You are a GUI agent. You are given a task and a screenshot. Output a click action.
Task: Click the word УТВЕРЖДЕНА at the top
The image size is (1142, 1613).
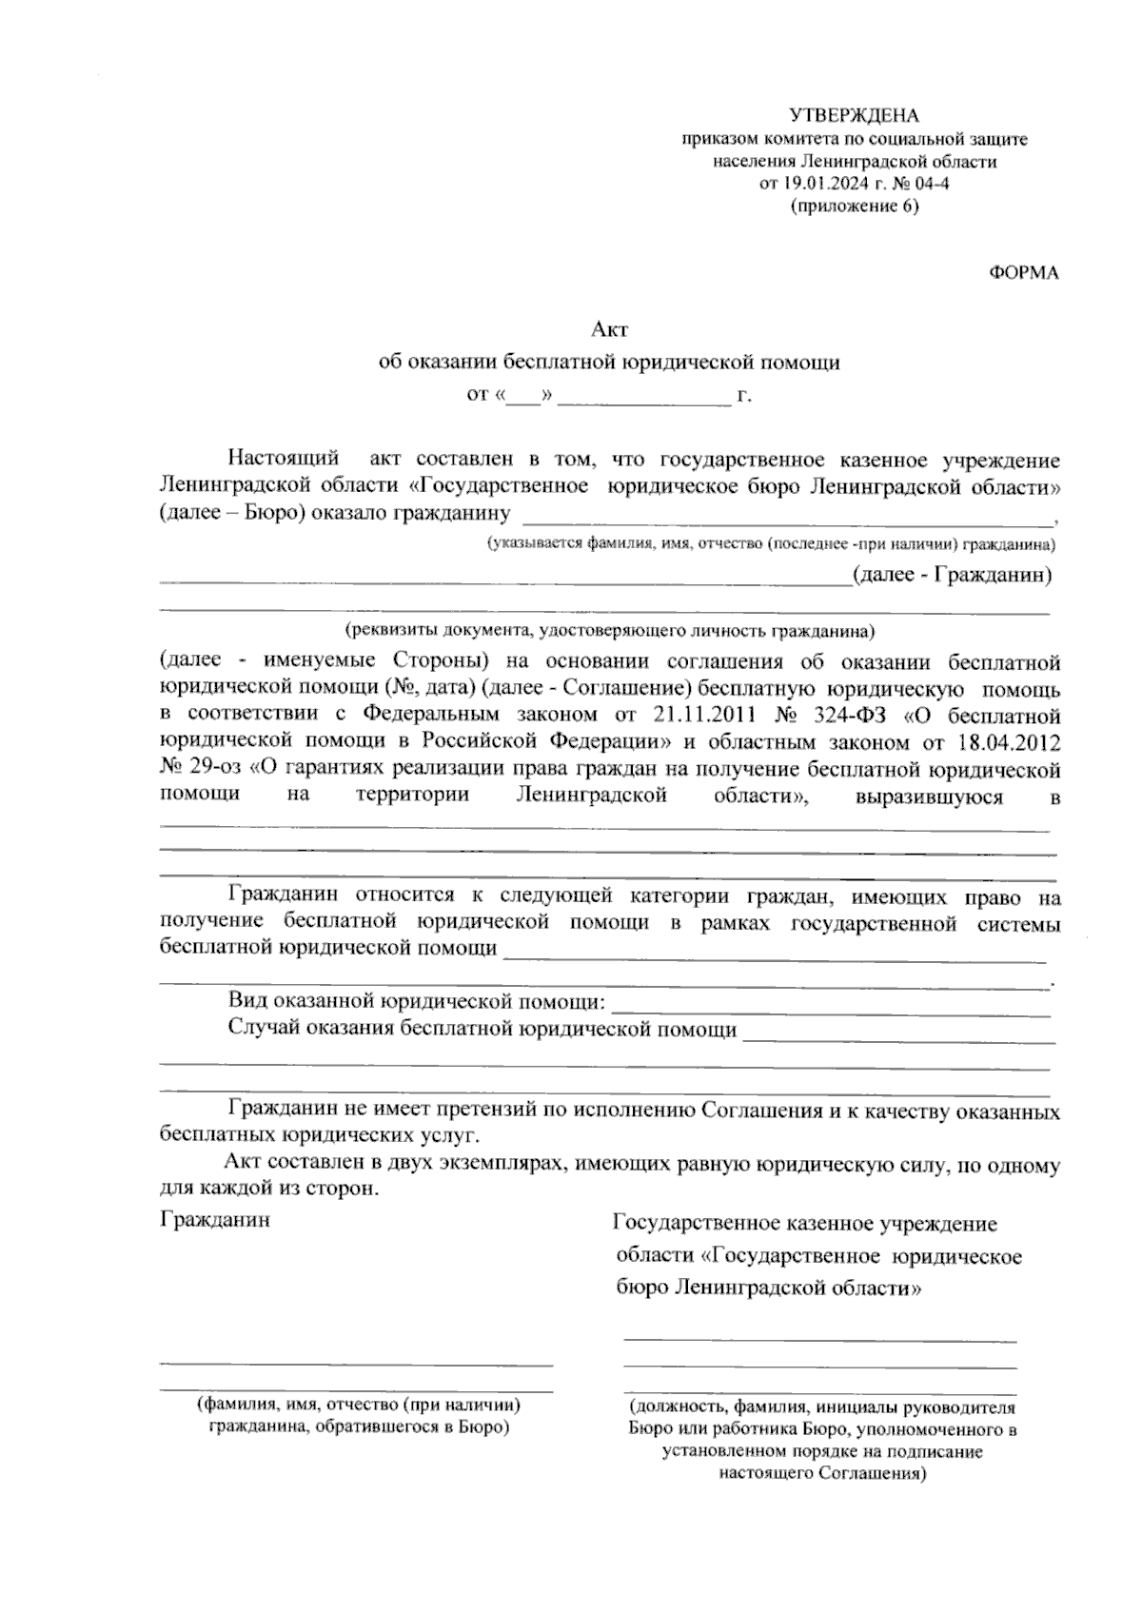854,116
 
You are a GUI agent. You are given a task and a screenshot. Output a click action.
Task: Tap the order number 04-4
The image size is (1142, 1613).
932,184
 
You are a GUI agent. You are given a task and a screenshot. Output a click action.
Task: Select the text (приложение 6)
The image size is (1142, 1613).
855,207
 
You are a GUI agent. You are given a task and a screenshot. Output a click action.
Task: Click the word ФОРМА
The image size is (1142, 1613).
1024,273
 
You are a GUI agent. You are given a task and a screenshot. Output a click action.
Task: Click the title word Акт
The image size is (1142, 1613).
609,330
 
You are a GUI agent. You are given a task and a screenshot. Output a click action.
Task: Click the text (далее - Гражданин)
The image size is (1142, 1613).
952,575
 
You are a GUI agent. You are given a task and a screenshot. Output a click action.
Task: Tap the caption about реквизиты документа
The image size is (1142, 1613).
609,630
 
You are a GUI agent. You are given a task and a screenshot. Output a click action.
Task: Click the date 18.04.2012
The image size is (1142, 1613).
1009,740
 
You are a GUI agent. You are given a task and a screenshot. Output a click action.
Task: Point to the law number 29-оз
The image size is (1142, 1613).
211,768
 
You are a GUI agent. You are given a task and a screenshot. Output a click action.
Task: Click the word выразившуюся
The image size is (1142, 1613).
929,796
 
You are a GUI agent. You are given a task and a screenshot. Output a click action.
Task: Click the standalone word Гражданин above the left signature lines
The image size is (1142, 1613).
215,1220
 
